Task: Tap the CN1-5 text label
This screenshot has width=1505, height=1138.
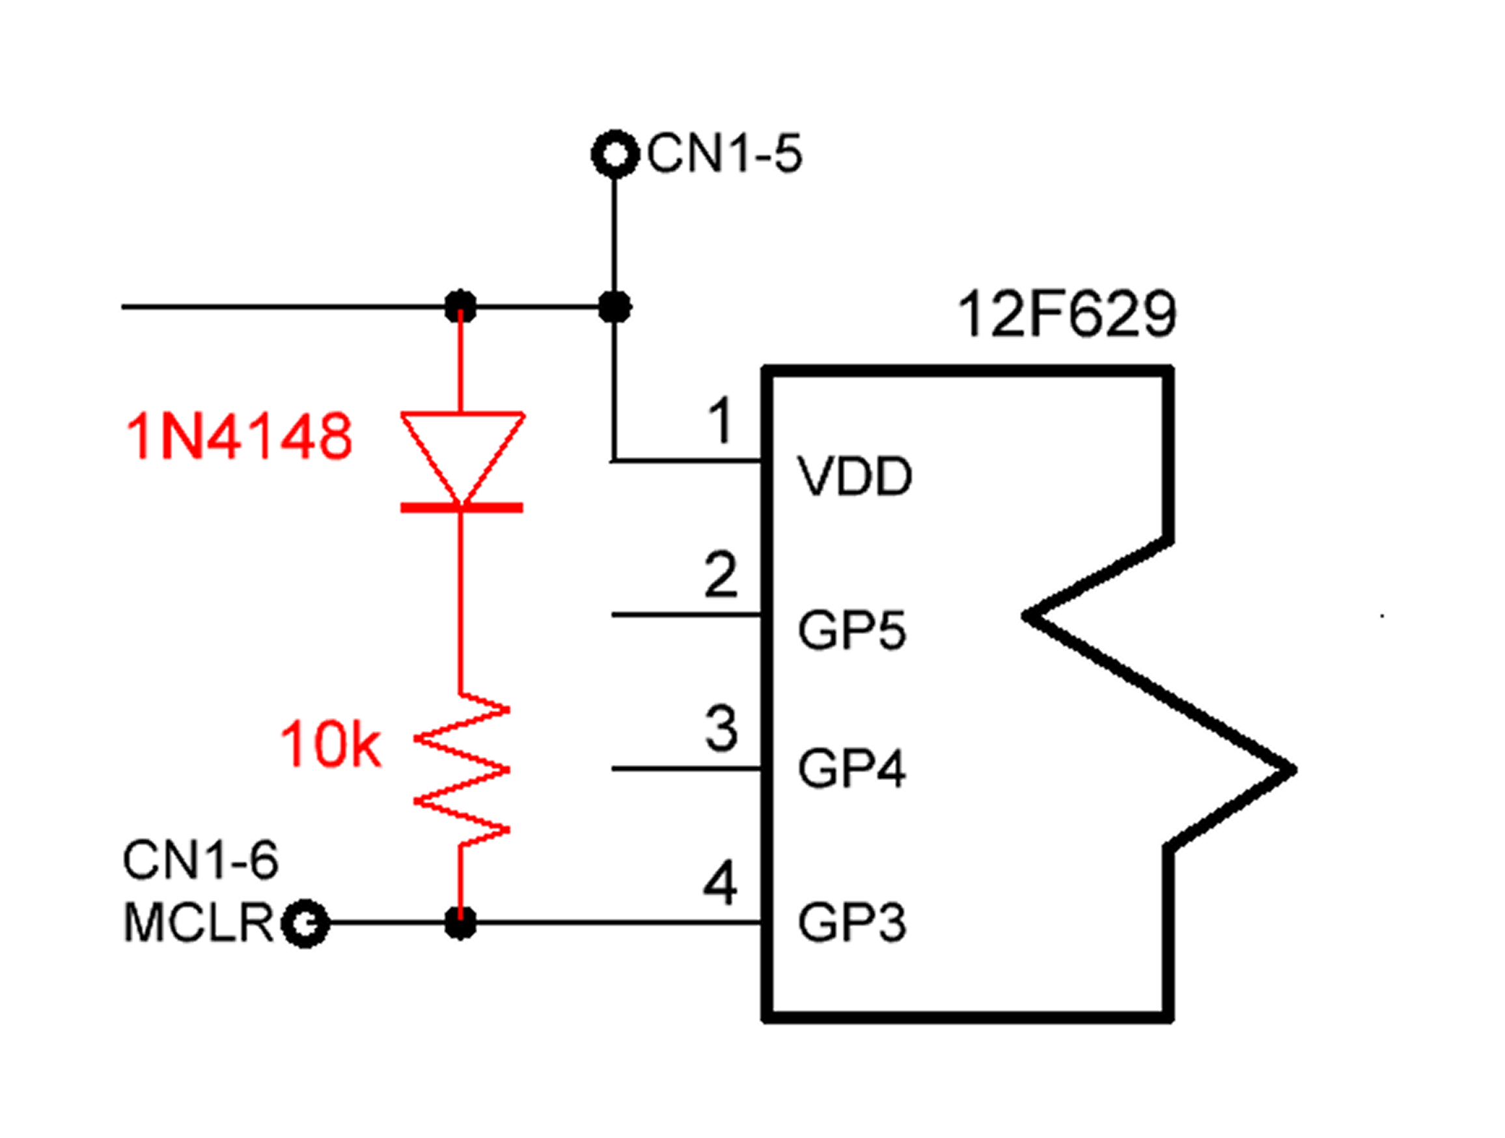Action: [x=725, y=154]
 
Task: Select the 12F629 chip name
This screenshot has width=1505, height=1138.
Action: [x=1067, y=314]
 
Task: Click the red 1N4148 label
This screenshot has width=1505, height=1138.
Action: [x=240, y=436]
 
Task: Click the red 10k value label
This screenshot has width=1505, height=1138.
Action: [x=331, y=745]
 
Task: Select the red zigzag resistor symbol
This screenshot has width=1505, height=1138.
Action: [x=462, y=770]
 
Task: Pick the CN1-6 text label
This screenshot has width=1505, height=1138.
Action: [x=200, y=860]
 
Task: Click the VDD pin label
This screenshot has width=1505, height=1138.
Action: [x=855, y=477]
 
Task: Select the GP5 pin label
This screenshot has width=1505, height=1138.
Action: [x=853, y=630]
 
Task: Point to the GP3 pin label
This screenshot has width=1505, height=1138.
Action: [x=853, y=923]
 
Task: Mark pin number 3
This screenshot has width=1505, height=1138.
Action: [x=721, y=729]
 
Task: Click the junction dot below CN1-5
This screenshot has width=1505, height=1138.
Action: [x=615, y=307]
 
